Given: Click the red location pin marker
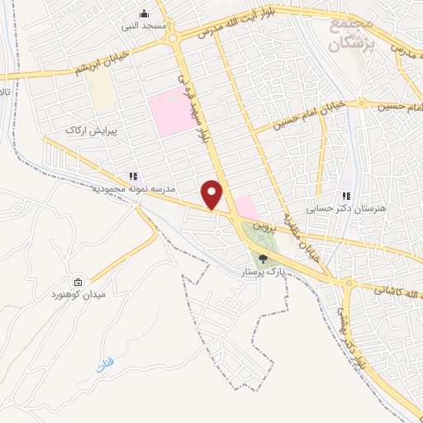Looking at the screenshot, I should coord(213,195).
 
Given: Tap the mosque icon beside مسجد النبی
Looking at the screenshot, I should coord(145,13).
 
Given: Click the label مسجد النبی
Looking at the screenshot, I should coord(145,26).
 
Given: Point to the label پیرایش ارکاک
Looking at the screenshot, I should coord(93,131).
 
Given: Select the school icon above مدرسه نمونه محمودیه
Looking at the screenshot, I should coord(132,176).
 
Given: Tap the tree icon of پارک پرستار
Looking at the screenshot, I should coord(264,259).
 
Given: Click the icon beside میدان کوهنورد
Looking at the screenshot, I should coord(78,282).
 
